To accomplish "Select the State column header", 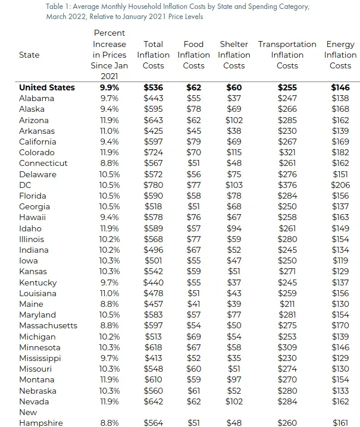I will click(x=29, y=55).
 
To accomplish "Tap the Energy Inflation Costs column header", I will click(x=340, y=55).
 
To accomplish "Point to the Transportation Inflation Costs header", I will click(x=287, y=55).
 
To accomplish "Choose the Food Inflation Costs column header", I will click(x=193, y=55).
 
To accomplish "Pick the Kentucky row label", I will click(x=37, y=282).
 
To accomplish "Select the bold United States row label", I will click(x=47, y=87).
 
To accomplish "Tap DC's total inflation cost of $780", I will click(x=154, y=185).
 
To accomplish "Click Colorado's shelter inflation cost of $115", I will click(x=234, y=152).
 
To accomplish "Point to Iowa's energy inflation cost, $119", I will click(x=340, y=260).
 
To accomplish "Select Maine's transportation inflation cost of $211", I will click(x=287, y=304).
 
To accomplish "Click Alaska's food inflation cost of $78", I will click(x=193, y=109).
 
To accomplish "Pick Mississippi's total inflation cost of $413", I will click(x=154, y=358).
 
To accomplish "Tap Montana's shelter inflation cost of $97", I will click(x=234, y=379).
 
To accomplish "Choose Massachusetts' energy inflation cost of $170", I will click(x=340, y=325).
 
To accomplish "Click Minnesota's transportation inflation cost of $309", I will click(x=287, y=347).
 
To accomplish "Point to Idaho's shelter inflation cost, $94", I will click(x=234, y=228).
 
